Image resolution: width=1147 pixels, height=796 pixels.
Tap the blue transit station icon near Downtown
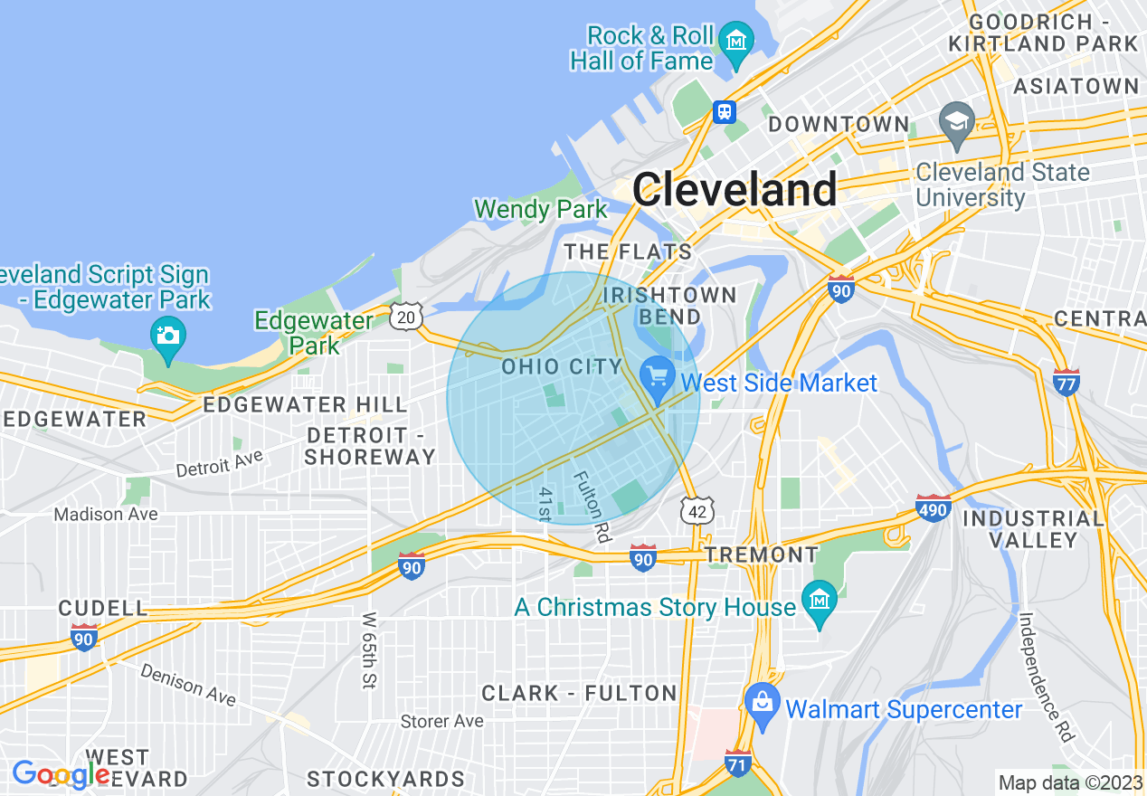pos(724,112)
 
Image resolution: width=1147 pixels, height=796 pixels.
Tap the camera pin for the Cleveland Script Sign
pos(168,336)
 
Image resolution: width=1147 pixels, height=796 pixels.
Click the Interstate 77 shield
pos(1066,381)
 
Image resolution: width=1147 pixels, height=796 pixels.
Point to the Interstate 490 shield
pos(933,508)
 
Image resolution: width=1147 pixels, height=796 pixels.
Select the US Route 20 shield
pos(406,316)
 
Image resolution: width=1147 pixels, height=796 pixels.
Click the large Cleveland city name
pos(735,190)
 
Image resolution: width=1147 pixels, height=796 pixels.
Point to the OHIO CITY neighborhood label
pos(562,366)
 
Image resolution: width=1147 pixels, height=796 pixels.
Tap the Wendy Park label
pos(541,210)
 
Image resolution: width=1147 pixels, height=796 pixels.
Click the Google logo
pos(61,774)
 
